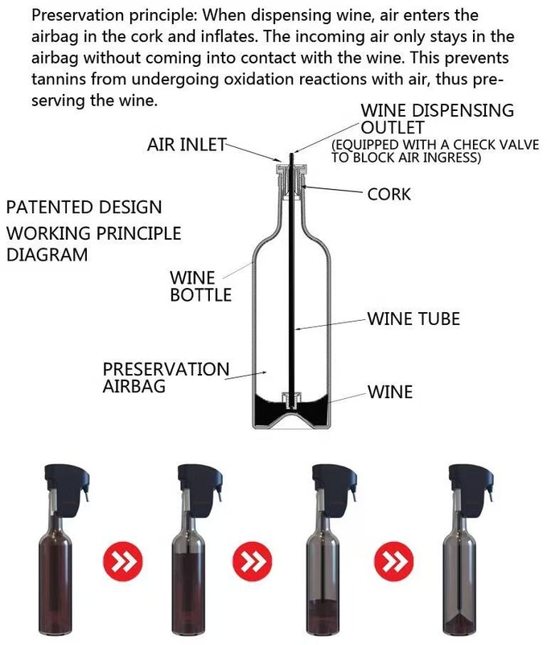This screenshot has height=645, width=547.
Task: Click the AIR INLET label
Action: [x=187, y=145]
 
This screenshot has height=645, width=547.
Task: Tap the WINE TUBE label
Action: [x=413, y=318]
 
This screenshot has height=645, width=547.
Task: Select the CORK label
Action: [x=389, y=194]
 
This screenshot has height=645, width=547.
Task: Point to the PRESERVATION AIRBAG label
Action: [x=166, y=378]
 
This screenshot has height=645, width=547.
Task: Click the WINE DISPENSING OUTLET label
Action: [x=438, y=119]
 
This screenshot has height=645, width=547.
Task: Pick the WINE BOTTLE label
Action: [x=200, y=286]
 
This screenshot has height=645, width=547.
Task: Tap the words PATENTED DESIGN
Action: [x=84, y=207]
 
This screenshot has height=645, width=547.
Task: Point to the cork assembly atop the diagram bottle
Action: [x=291, y=181]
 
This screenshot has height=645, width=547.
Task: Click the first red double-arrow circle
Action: [x=122, y=561]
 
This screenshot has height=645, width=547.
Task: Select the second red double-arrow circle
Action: [x=253, y=561]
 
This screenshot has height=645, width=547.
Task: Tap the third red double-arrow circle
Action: [x=394, y=561]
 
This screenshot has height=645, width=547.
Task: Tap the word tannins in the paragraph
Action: [x=58, y=79]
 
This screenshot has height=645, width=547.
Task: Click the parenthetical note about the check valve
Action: [x=435, y=151]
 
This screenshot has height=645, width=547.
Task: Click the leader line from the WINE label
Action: [x=347, y=397]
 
